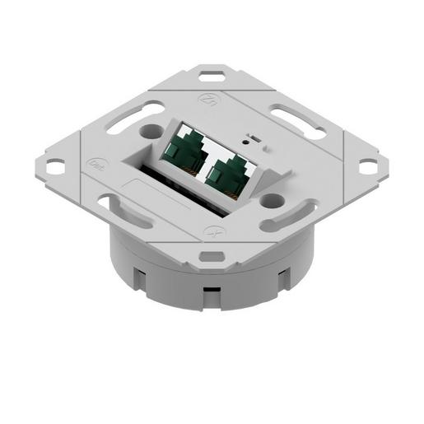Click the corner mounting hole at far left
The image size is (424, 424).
point(54,166)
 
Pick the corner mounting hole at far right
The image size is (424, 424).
point(367,166)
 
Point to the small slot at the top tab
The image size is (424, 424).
point(212,78)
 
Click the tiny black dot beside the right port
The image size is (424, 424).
point(265,147)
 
